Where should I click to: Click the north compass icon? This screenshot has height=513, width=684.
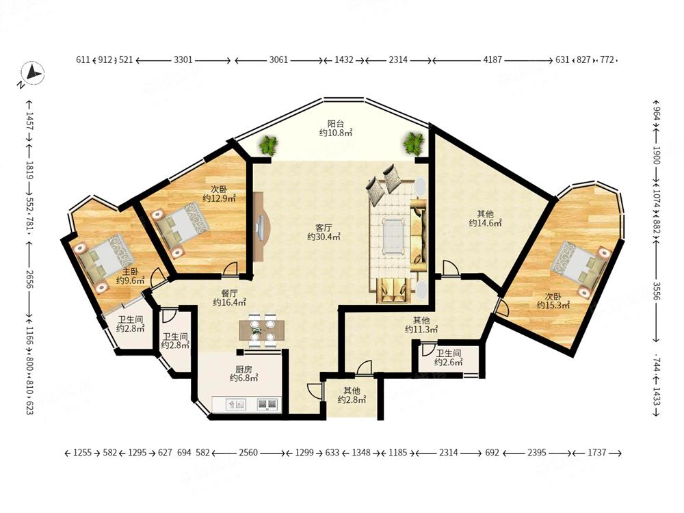[33, 73]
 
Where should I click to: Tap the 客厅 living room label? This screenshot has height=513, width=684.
[324, 228]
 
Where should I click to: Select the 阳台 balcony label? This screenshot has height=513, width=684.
[335, 124]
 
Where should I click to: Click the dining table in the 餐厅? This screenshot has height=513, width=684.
[262, 330]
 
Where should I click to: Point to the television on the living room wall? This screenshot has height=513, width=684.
[261, 228]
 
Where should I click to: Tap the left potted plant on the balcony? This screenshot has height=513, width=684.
[268, 145]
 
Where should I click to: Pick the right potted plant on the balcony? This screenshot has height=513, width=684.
[414, 144]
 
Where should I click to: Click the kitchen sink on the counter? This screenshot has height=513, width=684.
[236, 404]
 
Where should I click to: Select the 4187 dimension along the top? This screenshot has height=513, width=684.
[492, 60]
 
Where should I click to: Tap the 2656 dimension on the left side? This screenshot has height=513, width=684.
[29, 280]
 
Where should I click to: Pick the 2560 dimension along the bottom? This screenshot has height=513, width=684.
[248, 453]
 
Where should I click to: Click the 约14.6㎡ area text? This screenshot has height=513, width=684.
[485, 224]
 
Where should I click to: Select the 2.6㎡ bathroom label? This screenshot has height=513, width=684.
[448, 363]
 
